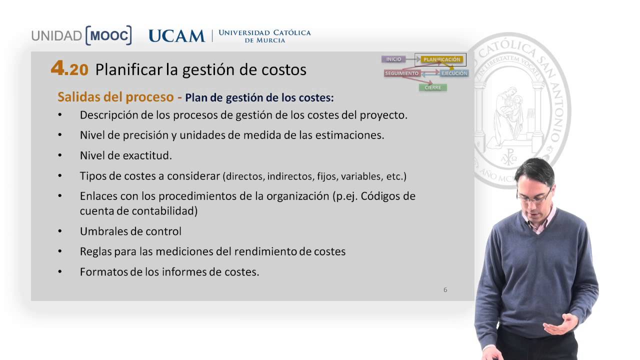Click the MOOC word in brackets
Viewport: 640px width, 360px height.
coord(108,35)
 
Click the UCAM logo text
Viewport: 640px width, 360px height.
coord(176,36)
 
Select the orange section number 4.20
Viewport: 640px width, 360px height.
coord(69,69)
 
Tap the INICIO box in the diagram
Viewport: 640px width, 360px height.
coord(393,59)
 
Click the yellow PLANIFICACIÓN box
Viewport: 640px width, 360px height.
coord(441,59)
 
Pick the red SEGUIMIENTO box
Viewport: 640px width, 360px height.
coord(401,73)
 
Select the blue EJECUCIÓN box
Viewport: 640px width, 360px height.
coord(454,73)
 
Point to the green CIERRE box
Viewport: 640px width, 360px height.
coord(432,87)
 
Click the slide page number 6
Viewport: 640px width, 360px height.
coord(445,290)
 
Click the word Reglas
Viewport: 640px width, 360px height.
coord(95,251)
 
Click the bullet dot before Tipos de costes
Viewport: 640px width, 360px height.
coord(60,176)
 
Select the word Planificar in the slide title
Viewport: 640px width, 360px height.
coord(128,69)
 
